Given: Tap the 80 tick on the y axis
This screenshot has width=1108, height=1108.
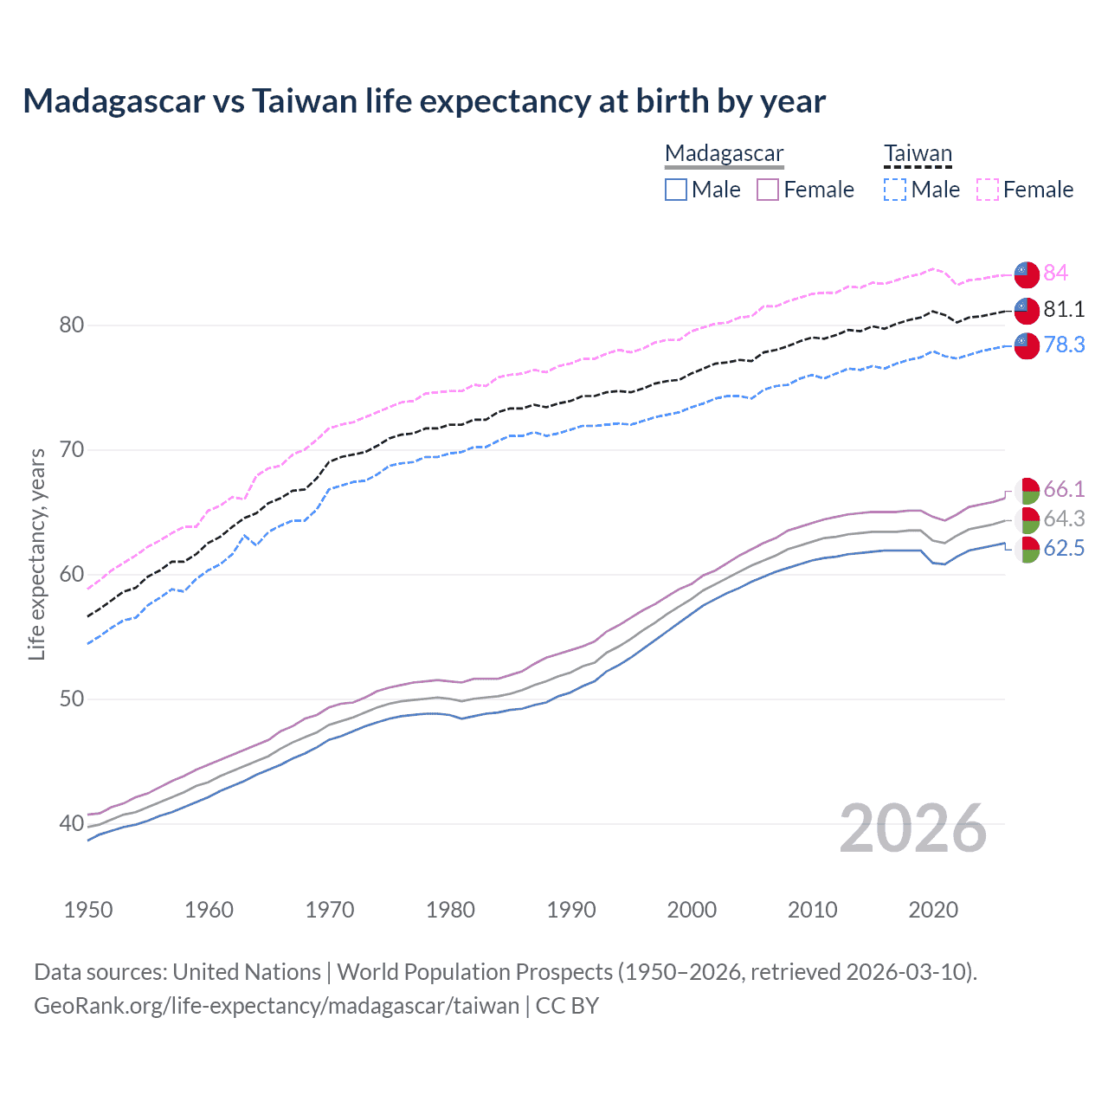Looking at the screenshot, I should tap(71, 325).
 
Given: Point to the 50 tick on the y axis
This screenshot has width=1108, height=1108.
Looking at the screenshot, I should tap(71, 699).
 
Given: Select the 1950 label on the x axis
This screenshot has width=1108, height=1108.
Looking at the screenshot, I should tap(88, 910).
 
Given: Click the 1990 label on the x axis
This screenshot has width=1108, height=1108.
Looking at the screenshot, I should tap(571, 910).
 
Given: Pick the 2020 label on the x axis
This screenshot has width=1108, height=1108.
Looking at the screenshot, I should tap(933, 910).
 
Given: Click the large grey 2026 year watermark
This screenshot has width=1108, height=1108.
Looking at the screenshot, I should tap(913, 828).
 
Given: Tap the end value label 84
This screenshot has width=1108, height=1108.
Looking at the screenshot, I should tap(1055, 273).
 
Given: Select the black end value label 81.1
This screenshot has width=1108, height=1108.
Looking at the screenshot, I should tap(1064, 309).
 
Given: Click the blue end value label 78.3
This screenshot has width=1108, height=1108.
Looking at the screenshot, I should tap(1064, 345).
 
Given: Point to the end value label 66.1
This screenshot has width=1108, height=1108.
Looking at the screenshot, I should tap(1064, 489).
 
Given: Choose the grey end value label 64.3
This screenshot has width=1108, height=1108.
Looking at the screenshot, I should tap(1064, 519).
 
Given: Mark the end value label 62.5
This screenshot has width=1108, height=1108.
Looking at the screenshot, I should tap(1064, 548).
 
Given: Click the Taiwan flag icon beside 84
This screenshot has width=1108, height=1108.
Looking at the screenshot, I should tap(1027, 274).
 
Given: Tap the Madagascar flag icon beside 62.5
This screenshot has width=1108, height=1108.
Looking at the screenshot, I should tap(1027, 549).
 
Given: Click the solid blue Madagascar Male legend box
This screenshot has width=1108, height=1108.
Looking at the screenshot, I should tap(676, 190).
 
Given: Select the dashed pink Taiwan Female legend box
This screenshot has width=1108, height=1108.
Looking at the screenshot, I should tap(988, 190).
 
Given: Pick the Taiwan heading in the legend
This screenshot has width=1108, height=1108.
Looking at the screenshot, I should tap(918, 154).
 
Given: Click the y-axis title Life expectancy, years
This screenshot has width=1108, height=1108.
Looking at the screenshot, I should tap(36, 554).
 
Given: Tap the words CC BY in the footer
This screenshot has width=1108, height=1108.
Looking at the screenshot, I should tap(567, 1005).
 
